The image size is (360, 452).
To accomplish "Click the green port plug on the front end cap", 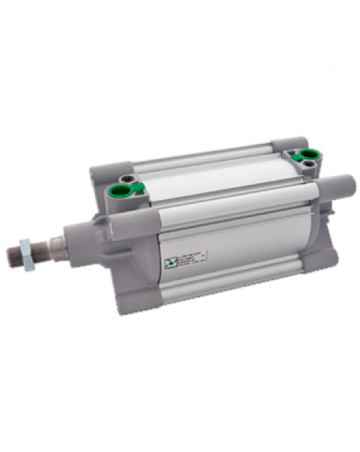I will coord(120,191).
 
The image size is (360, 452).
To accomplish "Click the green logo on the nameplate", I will coord(168,262).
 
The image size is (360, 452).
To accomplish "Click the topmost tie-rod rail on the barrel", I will coord(202,155).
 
